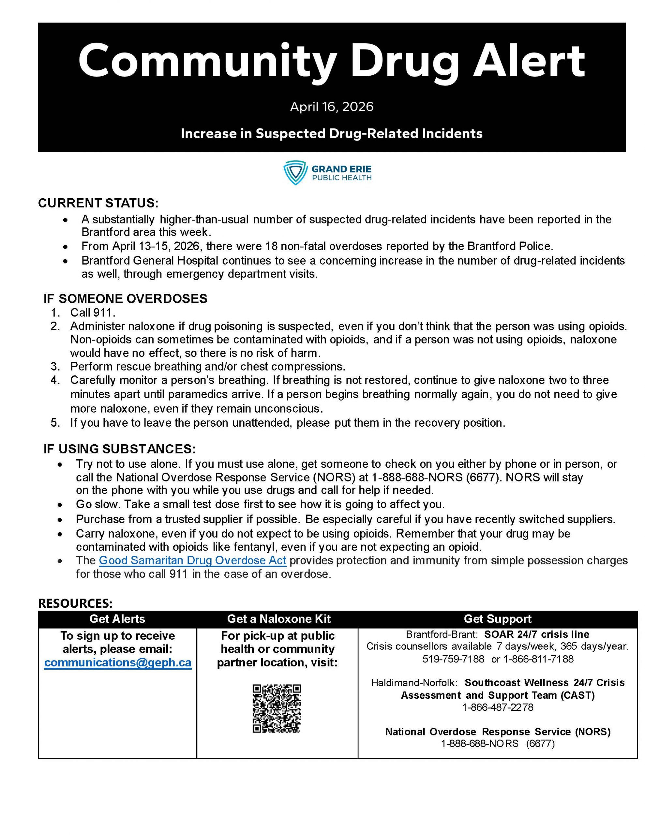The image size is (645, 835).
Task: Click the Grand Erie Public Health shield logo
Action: (295, 173)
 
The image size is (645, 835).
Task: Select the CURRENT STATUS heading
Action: (98, 203)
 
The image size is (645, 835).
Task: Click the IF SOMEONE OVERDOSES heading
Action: (126, 298)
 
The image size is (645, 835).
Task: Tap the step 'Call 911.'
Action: (93, 313)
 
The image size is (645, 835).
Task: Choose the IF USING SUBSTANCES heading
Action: (120, 448)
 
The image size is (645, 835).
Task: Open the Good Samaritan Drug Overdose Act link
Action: (192, 560)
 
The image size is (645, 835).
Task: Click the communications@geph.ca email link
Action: (118, 662)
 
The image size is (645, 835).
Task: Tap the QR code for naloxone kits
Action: (277, 708)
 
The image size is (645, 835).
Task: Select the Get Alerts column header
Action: (117, 619)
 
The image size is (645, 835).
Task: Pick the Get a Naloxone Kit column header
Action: (279, 619)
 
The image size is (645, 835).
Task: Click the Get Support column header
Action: (497, 619)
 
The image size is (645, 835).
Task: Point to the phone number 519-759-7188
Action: (453, 659)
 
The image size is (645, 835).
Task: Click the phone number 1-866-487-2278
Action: (497, 707)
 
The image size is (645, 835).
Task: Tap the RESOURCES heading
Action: (75, 603)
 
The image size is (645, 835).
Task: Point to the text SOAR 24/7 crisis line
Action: (536, 635)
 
